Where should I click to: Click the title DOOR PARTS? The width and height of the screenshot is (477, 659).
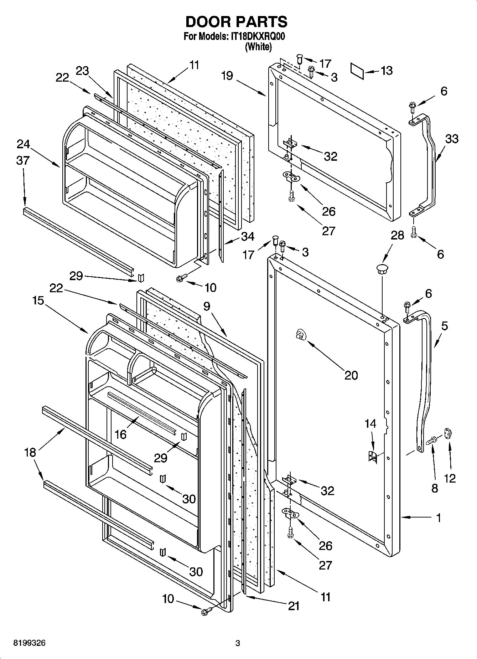coord(236,22)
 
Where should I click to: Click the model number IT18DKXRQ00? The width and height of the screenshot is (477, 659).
coord(257,36)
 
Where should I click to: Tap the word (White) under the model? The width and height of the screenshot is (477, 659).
coord(258,47)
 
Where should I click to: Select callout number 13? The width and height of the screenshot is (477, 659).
coord(386,71)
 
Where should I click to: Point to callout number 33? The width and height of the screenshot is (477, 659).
coord(451,139)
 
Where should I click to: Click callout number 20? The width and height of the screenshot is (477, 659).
coord(351,375)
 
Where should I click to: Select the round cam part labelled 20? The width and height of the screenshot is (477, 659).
coord(300,335)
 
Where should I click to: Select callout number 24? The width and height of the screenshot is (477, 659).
coord(23,144)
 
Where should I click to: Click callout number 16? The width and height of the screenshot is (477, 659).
coord(121,434)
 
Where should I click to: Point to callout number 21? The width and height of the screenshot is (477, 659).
coord(294,606)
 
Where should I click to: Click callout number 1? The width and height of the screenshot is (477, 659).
coord(439,518)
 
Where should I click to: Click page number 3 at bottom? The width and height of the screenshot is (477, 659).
coord(238,643)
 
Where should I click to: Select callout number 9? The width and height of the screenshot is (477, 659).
coord(207,306)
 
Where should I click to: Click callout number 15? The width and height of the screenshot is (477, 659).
coord(38,300)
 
